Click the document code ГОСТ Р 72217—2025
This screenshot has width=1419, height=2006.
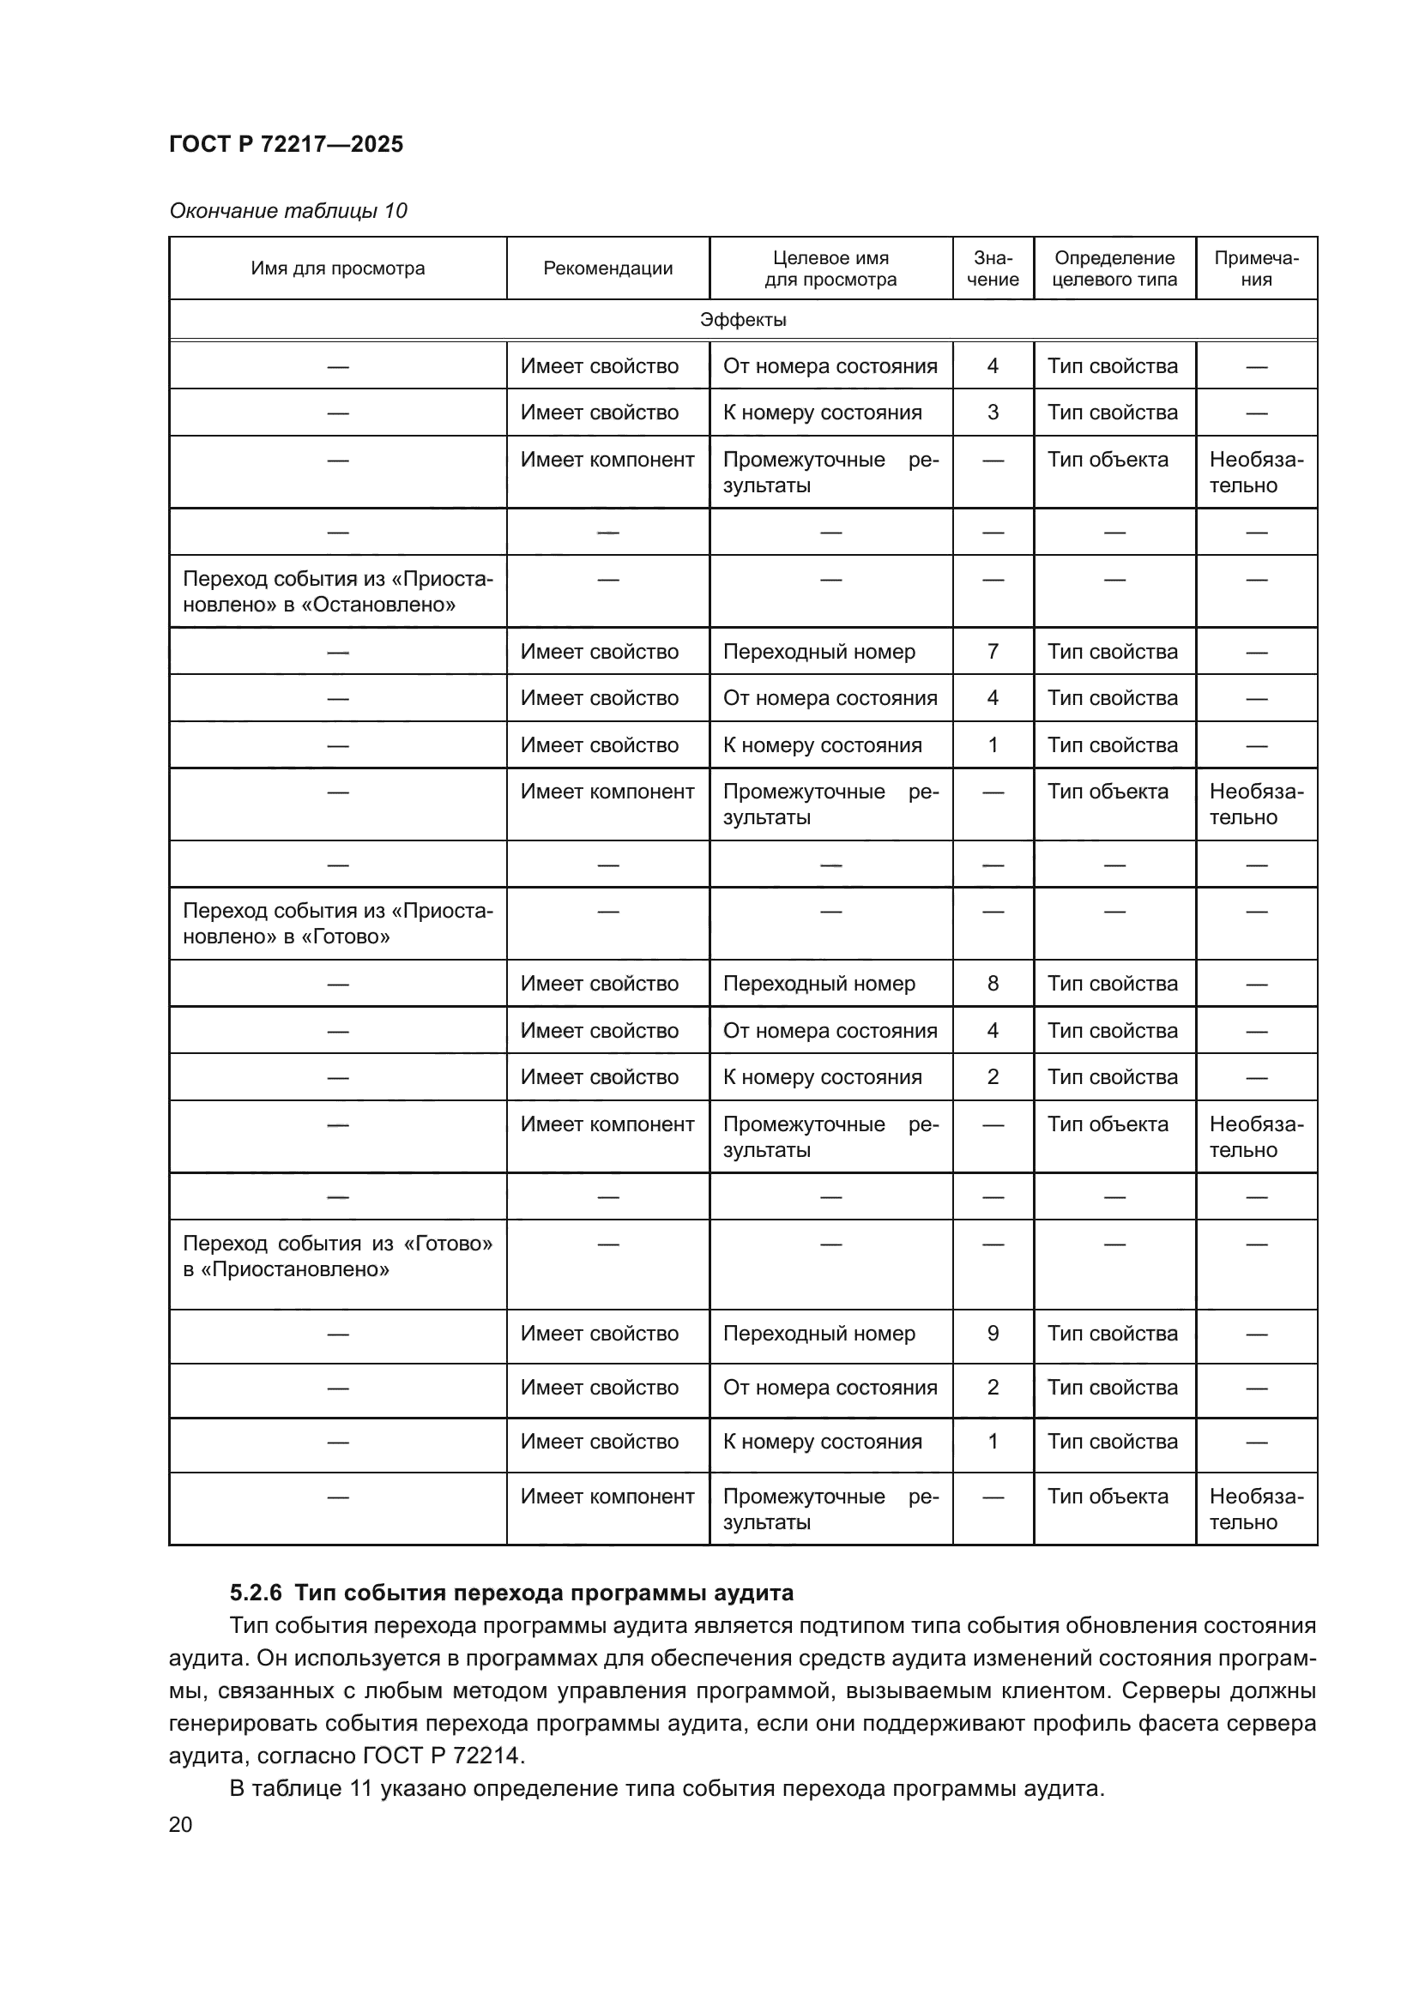(286, 144)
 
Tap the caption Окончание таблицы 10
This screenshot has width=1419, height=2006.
(287, 211)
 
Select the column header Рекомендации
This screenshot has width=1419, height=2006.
(607, 268)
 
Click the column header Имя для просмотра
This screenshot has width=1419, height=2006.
(337, 268)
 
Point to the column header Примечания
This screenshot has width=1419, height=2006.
(1256, 268)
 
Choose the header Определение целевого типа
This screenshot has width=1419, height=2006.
(1114, 268)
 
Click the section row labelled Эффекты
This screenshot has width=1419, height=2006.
(743, 320)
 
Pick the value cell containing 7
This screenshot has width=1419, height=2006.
(993, 652)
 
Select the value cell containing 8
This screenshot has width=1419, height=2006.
(993, 984)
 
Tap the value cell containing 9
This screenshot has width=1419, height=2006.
(993, 1334)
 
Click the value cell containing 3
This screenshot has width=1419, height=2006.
(993, 413)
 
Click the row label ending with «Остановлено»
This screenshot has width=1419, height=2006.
(337, 592)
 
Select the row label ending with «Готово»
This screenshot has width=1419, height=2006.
(337, 924)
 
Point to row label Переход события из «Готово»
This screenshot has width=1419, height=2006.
(337, 1256)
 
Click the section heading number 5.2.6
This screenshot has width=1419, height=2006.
(255, 1593)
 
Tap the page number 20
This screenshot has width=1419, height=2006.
(180, 1824)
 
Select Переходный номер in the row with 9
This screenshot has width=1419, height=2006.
(818, 1334)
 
